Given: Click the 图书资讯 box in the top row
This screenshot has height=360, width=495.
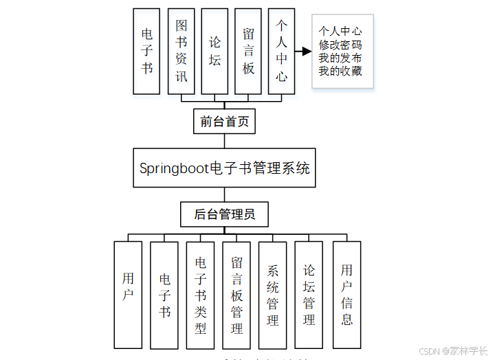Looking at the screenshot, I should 181,51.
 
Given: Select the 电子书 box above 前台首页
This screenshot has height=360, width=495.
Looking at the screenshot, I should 147,51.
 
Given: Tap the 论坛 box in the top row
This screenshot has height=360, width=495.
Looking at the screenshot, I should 214,51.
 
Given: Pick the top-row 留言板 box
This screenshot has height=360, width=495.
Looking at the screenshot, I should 248,51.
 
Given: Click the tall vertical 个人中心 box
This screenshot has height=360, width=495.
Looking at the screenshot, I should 282,51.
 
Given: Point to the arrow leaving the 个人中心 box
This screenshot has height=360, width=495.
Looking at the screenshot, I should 303,51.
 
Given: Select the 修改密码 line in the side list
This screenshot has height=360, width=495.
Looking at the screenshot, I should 340,45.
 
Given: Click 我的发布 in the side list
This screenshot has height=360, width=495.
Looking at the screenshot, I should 340,58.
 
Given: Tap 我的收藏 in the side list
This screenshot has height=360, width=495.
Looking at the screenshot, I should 340,71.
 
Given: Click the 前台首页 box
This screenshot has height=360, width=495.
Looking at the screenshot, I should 224,122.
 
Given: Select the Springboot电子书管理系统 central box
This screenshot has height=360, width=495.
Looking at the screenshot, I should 224,168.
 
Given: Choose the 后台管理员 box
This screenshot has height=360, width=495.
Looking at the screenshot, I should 224,214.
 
